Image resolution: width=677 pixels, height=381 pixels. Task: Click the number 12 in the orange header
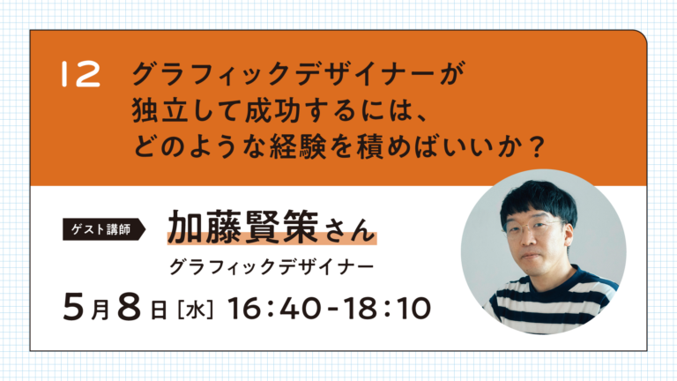coord(81,74)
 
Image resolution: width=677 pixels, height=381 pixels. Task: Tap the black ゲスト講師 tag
coord(104,229)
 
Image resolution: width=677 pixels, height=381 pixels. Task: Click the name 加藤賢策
coord(243,228)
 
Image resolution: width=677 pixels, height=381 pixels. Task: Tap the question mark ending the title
coord(537,146)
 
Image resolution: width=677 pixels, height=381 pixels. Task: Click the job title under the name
coord(272,267)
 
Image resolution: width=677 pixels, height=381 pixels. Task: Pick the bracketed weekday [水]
coord(196,310)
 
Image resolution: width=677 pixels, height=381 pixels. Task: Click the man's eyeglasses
coord(534,228)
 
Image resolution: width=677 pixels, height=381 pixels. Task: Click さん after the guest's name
coord(349,230)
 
